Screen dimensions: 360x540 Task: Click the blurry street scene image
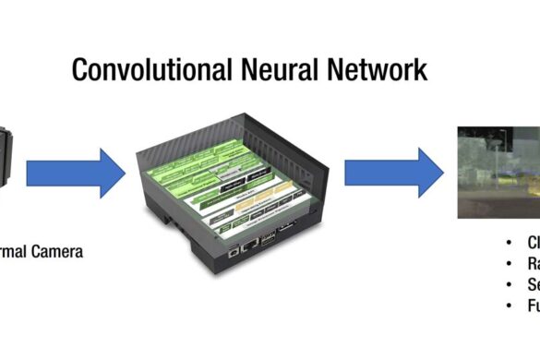point(499,172)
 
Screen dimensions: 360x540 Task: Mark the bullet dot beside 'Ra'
point(510,264)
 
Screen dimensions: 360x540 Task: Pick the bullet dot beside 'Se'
point(510,284)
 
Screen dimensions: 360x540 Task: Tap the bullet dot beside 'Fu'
point(510,305)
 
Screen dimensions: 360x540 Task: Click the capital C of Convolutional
point(81,70)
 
